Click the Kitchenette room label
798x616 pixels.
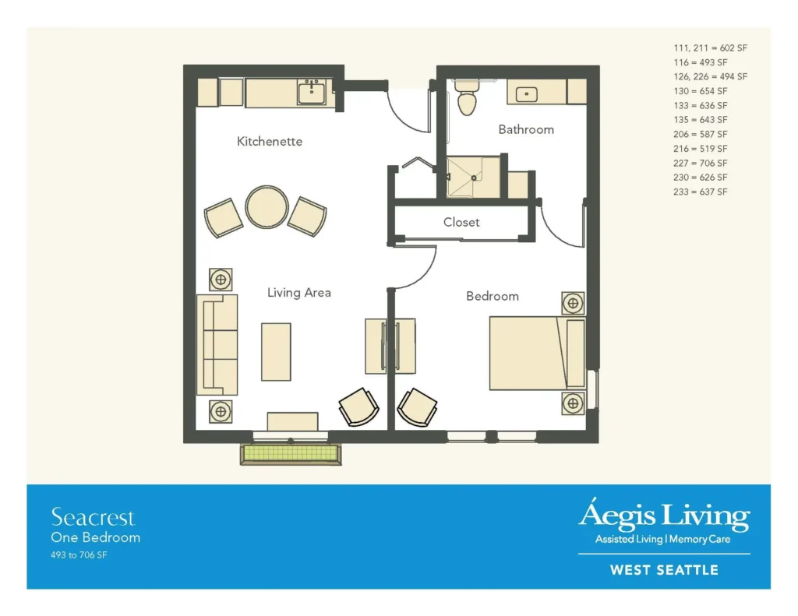(269, 142)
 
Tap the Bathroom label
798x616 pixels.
(526, 130)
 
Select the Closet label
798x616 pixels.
(461, 222)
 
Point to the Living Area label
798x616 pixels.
(298, 293)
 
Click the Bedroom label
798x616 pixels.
(493, 296)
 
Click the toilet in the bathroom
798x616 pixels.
(467, 99)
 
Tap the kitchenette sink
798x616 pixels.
(312, 93)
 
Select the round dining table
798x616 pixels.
(267, 207)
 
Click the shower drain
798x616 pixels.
(474, 178)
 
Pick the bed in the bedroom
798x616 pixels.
(537, 354)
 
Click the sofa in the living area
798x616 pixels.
(217, 345)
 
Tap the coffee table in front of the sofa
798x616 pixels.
(277, 351)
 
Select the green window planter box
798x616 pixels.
(291, 454)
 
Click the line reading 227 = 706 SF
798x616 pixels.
(701, 164)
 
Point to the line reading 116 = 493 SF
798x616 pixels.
(701, 62)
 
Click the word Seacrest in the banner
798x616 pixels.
(94, 517)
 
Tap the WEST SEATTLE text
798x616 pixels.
(664, 570)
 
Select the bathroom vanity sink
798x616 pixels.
(526, 94)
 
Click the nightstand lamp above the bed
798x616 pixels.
(573, 304)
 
